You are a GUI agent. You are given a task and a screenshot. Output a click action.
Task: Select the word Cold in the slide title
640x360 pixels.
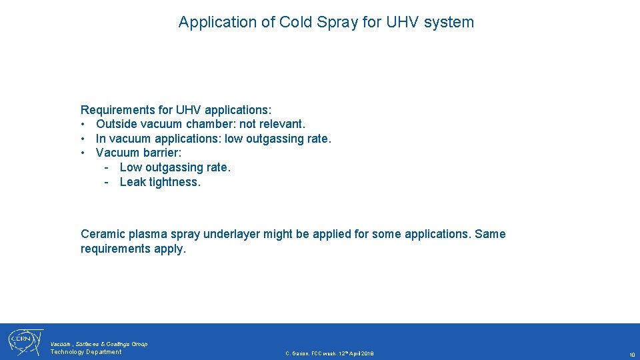pos(295,22)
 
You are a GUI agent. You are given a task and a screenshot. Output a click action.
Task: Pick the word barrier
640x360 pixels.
pos(161,153)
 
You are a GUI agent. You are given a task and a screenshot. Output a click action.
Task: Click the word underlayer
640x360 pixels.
pos(231,234)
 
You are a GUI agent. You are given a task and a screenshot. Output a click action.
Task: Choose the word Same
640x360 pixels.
pos(490,234)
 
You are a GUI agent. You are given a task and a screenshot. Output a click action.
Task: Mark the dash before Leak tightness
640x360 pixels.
pos(107,182)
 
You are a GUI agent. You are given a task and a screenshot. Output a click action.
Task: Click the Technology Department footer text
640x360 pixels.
pos(86,352)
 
